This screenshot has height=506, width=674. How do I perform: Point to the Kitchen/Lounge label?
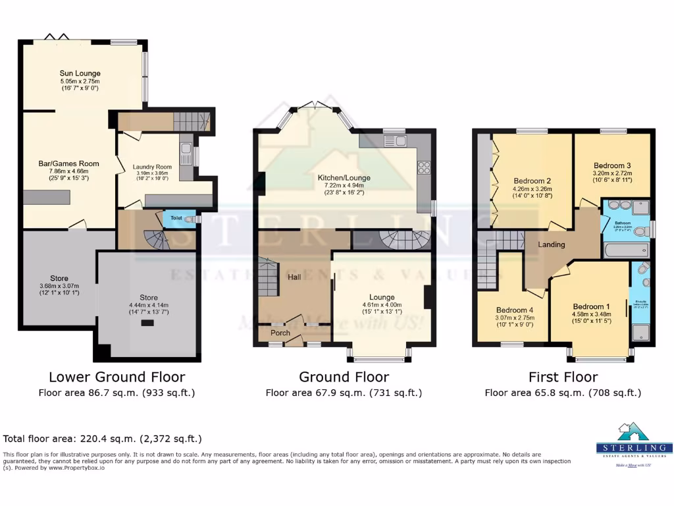pyautogui.click(x=344, y=178)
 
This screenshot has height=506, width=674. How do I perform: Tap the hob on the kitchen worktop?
pyautogui.click(x=423, y=167)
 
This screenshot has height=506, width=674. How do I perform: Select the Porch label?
pyautogui.click(x=280, y=333)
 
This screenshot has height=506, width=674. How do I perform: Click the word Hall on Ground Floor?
pyautogui.click(x=294, y=277)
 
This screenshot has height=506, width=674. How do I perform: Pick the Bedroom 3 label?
pyautogui.click(x=612, y=165)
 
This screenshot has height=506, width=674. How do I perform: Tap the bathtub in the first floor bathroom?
pyautogui.click(x=626, y=250)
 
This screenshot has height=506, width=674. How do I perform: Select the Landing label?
pyautogui.click(x=551, y=244)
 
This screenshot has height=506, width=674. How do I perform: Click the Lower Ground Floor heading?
pyautogui.click(x=117, y=377)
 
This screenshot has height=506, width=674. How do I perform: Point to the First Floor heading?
pyautogui.click(x=563, y=377)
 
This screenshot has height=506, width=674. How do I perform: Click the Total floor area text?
pyautogui.click(x=103, y=438)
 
